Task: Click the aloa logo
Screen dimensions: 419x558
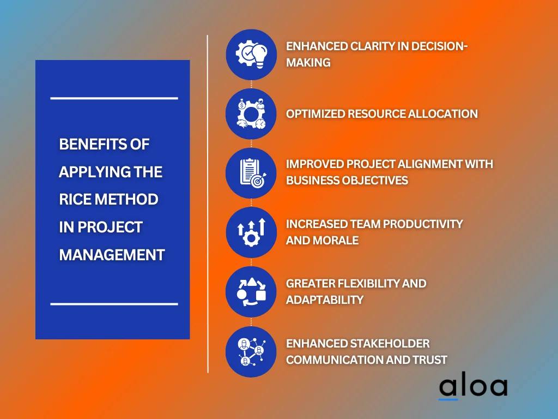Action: pos(473,387)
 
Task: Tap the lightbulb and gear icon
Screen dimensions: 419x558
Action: pos(251,54)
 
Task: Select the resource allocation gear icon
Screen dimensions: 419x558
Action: pos(251,113)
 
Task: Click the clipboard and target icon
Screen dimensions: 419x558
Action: pos(251,173)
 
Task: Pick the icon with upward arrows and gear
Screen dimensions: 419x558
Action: pos(251,232)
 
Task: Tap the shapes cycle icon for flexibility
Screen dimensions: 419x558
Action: pos(251,292)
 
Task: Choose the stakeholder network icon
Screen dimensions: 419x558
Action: pos(251,351)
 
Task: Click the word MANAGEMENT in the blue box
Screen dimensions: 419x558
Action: pos(112,255)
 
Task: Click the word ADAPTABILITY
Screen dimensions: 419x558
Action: pos(325,300)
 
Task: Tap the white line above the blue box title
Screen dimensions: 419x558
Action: pos(114,98)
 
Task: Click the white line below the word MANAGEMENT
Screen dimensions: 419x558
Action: pos(114,303)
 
